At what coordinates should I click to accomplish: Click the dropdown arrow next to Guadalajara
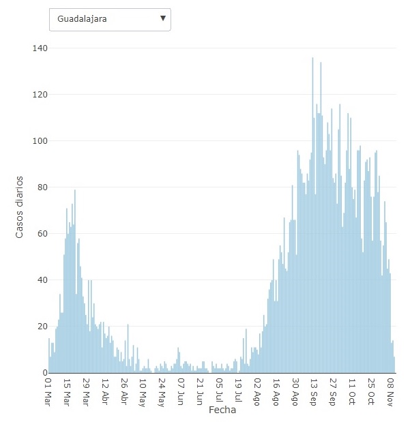point(162,18)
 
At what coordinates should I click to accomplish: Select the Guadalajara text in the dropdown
point(82,19)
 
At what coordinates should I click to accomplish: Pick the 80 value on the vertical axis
point(41,187)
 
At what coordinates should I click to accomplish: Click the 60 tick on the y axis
point(41,234)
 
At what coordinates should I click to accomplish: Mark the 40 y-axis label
point(41,280)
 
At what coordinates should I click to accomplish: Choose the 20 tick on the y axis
point(41,327)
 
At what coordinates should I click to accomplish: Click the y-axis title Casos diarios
point(20,207)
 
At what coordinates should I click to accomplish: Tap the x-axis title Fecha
point(222,411)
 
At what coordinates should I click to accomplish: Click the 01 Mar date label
point(48,390)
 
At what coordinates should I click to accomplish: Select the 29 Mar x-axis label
point(87,390)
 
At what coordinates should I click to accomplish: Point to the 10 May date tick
point(143,390)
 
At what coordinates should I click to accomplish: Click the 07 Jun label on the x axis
point(181,390)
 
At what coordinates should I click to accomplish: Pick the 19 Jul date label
point(238,390)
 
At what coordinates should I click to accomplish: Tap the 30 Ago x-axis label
point(295,390)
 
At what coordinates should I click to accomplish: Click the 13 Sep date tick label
point(314,390)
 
